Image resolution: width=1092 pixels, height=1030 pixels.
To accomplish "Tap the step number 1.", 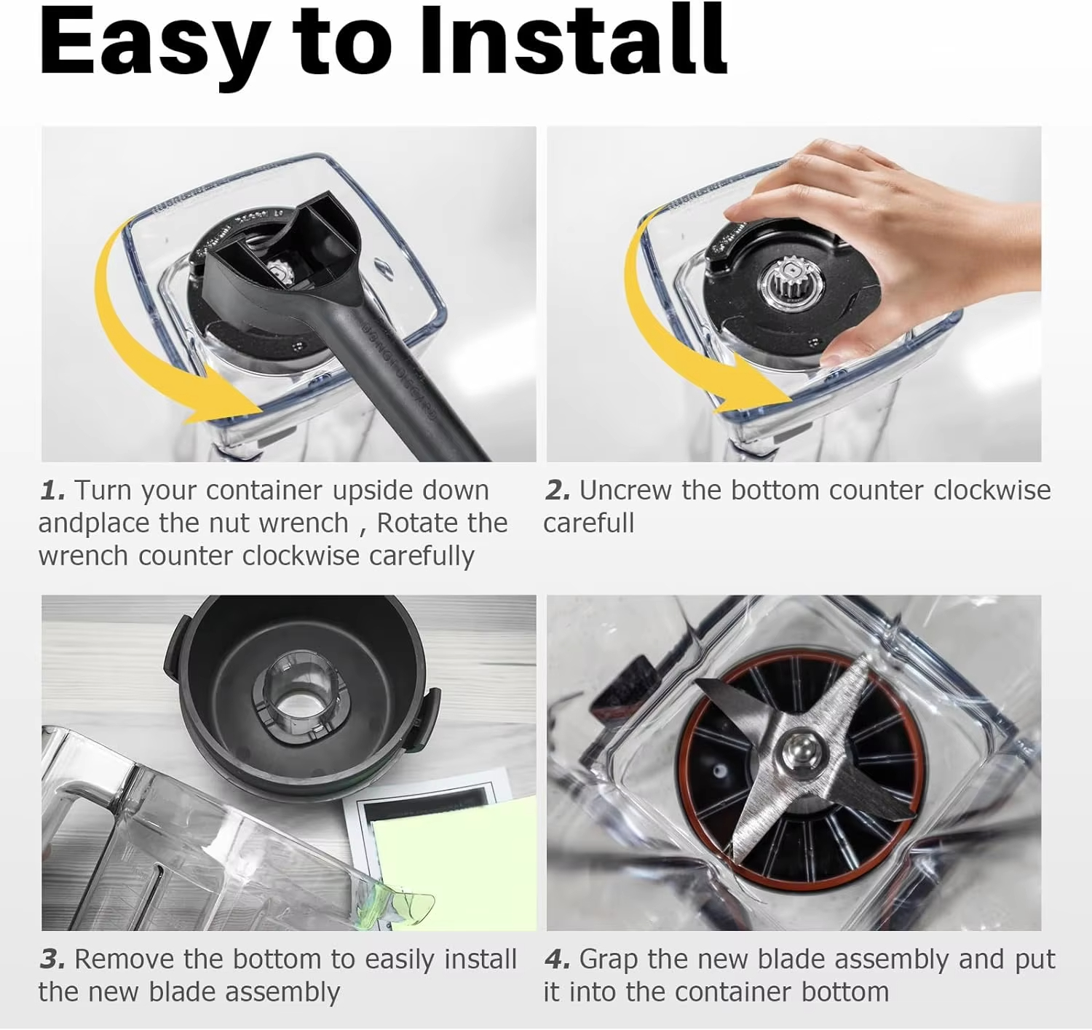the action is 53,489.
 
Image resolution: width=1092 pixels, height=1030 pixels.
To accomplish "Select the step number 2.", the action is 558,489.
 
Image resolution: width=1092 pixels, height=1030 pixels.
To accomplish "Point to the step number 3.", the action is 53,959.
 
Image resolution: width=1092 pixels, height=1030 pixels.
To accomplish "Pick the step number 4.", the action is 558,959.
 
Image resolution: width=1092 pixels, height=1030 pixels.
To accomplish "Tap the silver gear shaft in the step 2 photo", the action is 792,280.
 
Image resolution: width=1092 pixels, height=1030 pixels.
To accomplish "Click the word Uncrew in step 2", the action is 625,490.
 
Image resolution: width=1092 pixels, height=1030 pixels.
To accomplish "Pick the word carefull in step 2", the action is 589,523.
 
